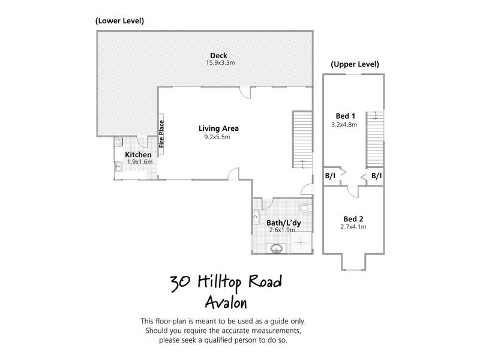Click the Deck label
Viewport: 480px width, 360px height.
click(210, 55)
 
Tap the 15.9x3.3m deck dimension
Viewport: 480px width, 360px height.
click(210, 62)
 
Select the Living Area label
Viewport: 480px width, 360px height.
click(219, 128)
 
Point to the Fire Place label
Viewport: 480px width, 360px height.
click(161, 134)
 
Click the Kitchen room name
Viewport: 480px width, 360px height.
click(138, 155)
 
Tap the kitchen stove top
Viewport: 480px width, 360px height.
click(118, 143)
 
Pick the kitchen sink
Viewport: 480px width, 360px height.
click(118, 167)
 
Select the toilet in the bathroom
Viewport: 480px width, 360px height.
click(304, 208)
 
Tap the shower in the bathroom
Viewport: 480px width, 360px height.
click(301, 242)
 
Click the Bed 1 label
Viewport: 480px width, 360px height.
click(345, 116)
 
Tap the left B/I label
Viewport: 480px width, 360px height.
click(330, 176)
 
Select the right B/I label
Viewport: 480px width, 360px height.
click(376, 176)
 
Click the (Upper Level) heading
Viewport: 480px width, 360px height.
click(355, 64)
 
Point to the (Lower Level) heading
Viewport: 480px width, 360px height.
click(119, 21)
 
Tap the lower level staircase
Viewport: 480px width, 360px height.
click(302, 139)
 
